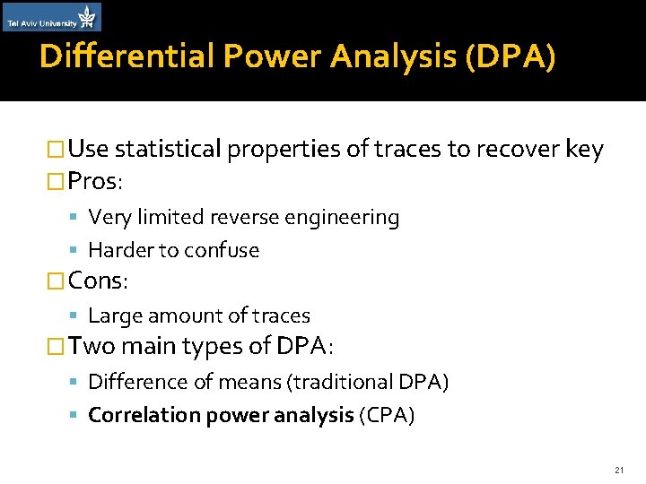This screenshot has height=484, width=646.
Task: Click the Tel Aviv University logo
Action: (x=52, y=17)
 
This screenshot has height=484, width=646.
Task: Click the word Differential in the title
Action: (x=127, y=57)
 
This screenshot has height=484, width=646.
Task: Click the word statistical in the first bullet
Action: (x=169, y=149)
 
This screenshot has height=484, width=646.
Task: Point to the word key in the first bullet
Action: (x=585, y=149)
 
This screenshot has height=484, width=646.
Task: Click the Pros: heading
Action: (x=95, y=181)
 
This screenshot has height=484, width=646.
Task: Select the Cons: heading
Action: (x=98, y=281)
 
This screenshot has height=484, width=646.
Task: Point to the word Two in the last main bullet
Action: (x=90, y=345)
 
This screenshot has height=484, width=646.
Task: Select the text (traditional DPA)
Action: (x=368, y=383)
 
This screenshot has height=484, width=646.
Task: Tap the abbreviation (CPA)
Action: (x=386, y=416)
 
